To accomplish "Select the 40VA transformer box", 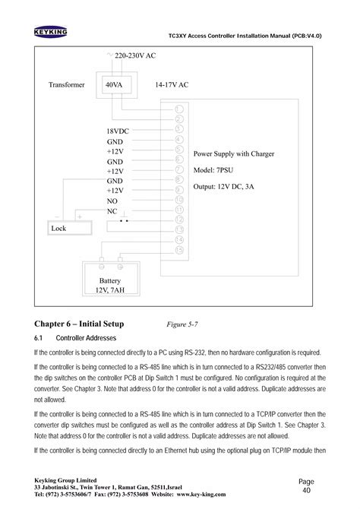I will click(x=114, y=85).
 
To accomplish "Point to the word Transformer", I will click(x=67, y=85).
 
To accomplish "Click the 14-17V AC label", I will click(x=171, y=85).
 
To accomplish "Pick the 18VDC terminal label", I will click(x=118, y=131).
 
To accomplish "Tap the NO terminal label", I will click(x=112, y=201).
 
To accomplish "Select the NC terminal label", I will click(x=112, y=211).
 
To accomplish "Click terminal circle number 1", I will click(x=179, y=110).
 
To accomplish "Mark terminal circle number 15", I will click(x=179, y=248).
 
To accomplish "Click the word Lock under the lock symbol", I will click(x=58, y=228).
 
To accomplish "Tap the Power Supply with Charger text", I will click(x=234, y=153).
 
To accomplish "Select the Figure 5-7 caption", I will click(x=182, y=324).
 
